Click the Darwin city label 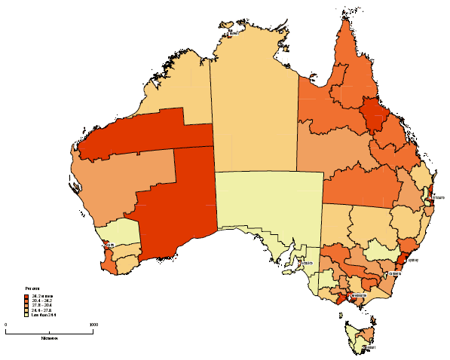point(234,34)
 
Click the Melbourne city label point(360,296)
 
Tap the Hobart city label point(372,347)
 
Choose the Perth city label point(112,245)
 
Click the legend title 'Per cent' point(32,288)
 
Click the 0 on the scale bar point(6,325)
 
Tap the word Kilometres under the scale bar point(50,338)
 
